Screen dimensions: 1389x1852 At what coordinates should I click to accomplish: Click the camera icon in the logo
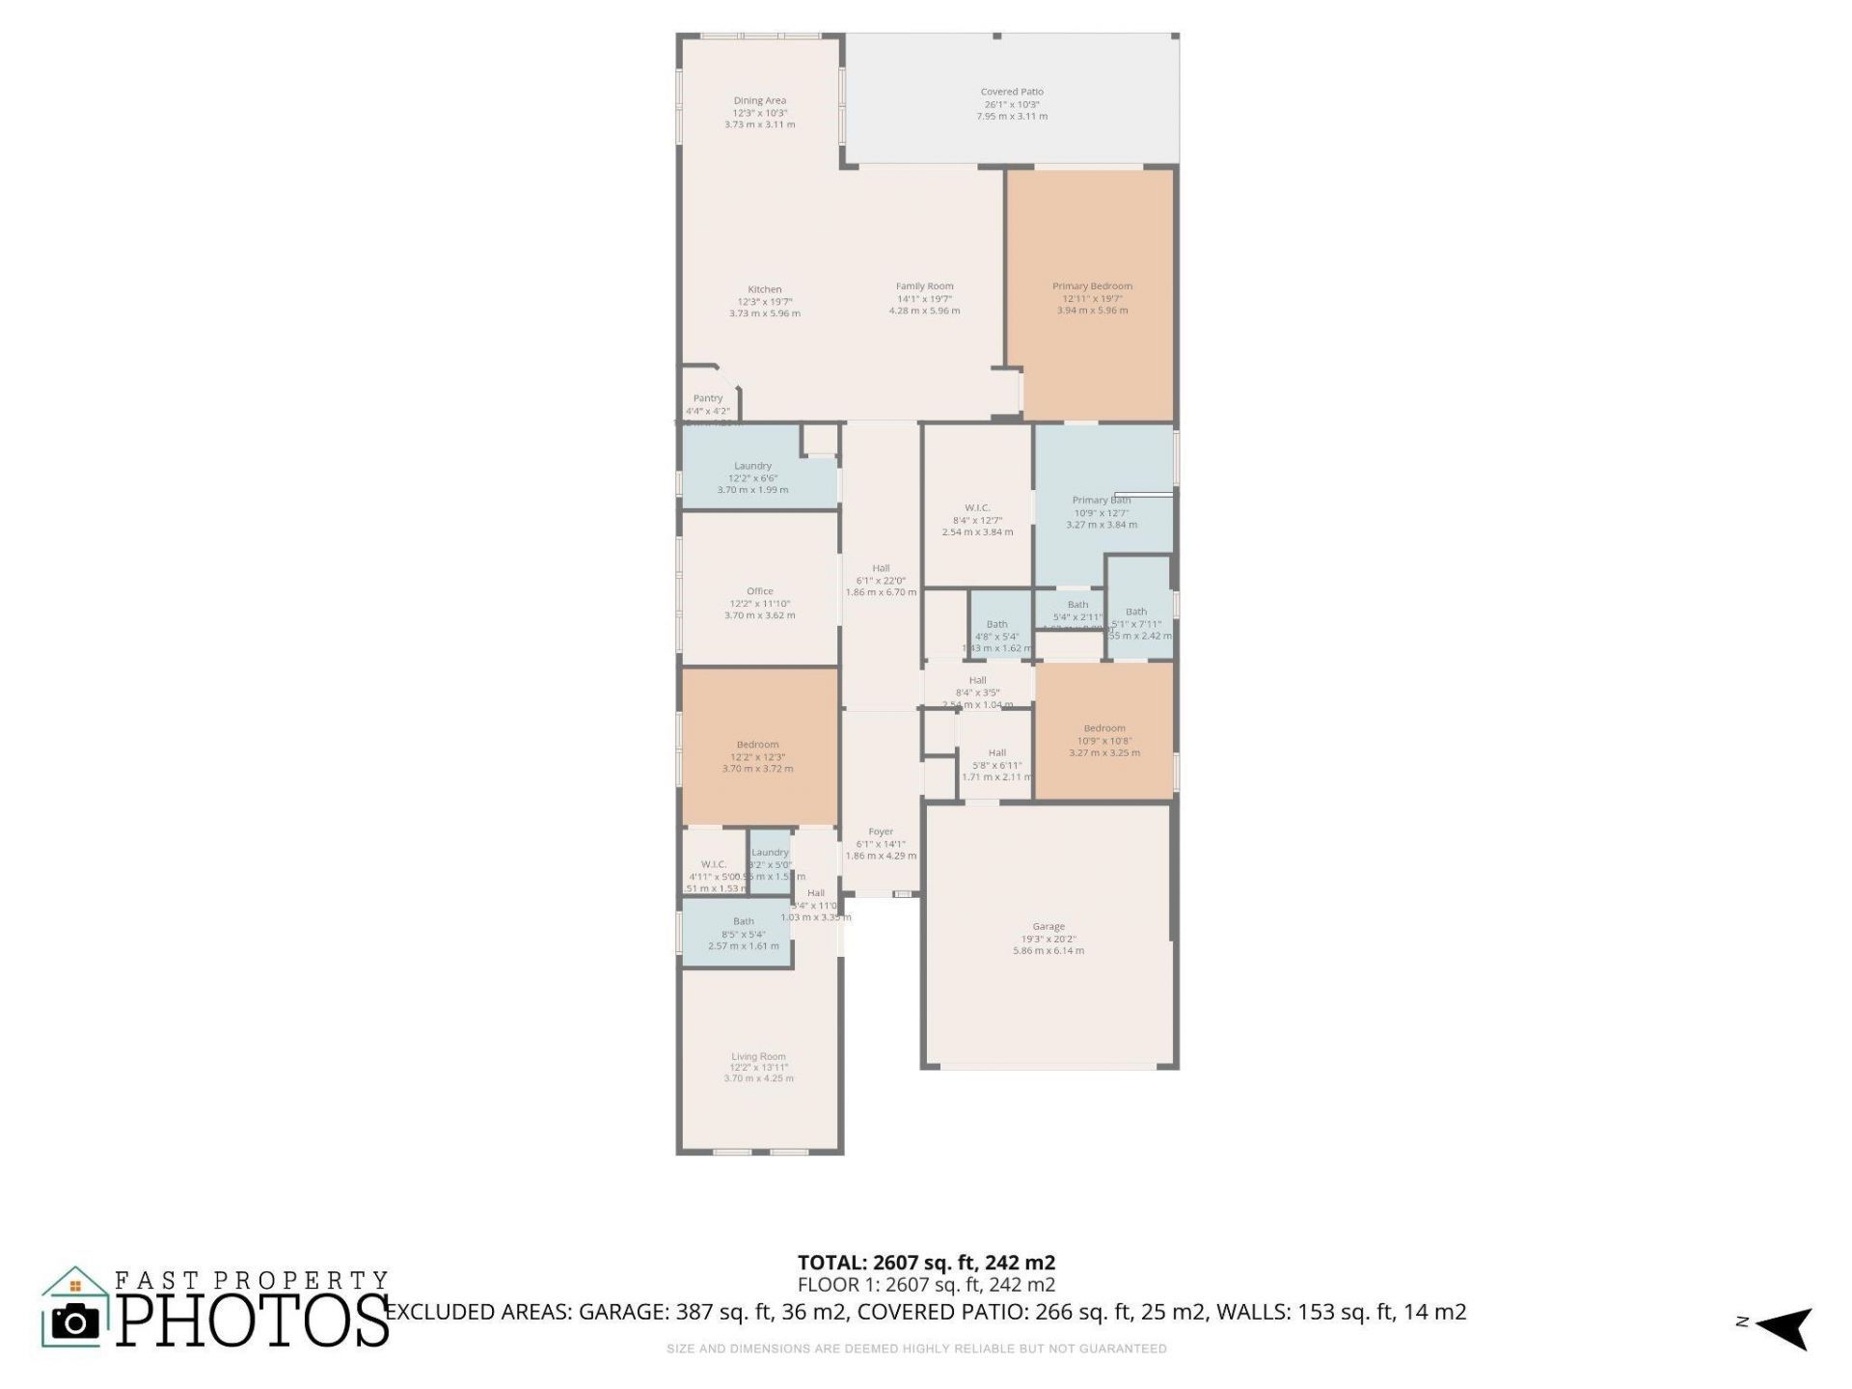coord(75,1321)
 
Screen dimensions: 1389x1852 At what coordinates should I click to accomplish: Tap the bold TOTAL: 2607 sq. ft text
coord(926,1263)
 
